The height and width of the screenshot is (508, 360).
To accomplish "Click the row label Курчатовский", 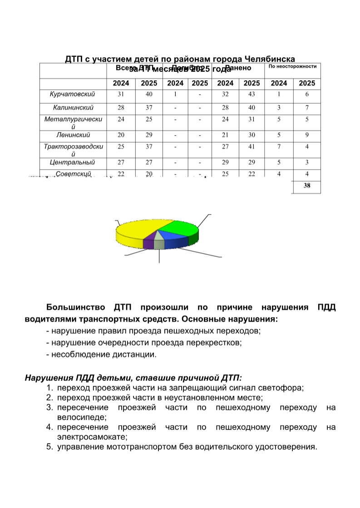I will coord(73,94).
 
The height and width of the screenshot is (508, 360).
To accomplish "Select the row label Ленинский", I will coord(73,135).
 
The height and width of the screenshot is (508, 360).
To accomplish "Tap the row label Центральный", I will coord(73,162).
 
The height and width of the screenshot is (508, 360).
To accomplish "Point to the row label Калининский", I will coord(73,108).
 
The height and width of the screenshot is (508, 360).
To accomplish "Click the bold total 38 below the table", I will coord(307,185).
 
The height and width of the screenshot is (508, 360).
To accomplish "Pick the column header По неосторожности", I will coord(293,67).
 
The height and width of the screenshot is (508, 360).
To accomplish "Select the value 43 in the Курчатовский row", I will coord(252,94).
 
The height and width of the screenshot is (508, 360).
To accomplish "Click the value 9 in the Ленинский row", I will coord(307,135).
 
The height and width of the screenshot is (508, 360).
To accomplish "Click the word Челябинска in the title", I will coord(270,59).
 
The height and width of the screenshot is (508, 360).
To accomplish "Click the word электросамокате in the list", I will coord(92,437).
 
